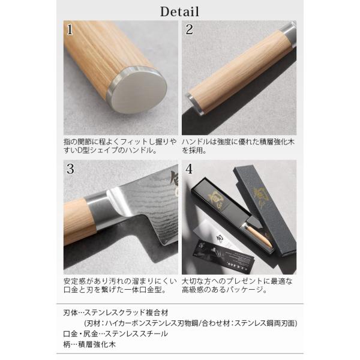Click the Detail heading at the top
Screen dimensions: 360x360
(x=179, y=12)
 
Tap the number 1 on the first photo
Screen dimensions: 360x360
(x=70, y=29)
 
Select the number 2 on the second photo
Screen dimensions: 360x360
(x=190, y=29)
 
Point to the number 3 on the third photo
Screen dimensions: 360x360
(x=70, y=169)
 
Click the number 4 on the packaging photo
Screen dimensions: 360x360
(x=189, y=169)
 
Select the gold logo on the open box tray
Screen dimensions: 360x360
(x=215, y=197)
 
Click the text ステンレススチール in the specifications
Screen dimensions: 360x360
(x=136, y=334)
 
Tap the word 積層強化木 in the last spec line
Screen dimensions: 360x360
(x=97, y=344)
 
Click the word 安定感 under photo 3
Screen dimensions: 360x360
(x=74, y=281)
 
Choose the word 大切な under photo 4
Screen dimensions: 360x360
(x=193, y=281)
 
